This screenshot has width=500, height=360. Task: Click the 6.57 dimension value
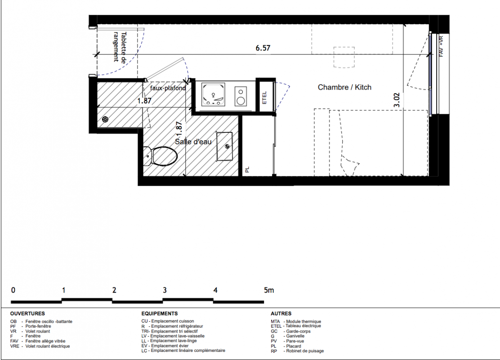tap(263, 48)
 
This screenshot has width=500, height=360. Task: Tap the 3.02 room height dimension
tap(397, 100)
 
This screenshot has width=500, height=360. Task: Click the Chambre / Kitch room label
tap(344, 87)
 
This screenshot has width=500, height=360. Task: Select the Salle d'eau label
tap(193, 141)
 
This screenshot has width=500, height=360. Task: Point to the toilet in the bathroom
tap(160, 156)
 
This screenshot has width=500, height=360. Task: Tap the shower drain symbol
tap(105, 120)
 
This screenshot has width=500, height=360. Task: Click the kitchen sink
tap(213, 94)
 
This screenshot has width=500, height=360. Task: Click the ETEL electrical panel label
tap(264, 98)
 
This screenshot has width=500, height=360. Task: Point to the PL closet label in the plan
tap(247, 170)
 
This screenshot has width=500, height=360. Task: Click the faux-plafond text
tap(168, 88)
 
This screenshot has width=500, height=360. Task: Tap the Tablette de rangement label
tap(120, 47)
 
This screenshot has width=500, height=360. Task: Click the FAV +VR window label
tap(442, 46)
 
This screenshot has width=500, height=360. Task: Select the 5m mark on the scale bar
tap(269, 290)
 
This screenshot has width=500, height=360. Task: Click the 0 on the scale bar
tap(13, 290)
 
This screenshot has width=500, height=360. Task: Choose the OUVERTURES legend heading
tap(27, 314)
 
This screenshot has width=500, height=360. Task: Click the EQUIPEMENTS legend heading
tap(160, 314)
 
